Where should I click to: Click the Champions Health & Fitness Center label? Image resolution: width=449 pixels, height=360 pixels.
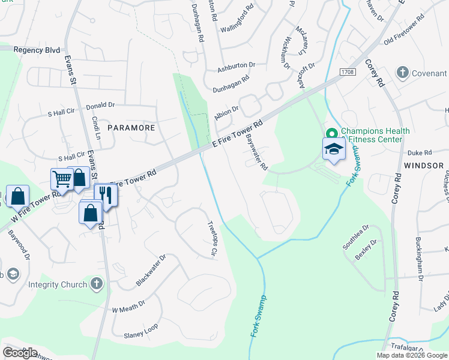pyautogui.click(x=375, y=135)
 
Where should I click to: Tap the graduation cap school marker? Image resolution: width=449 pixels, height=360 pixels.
pyautogui.click(x=334, y=149)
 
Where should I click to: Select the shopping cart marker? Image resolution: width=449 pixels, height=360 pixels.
pyautogui.click(x=62, y=178)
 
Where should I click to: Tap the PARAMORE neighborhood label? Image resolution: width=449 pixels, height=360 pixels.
pyautogui.click(x=131, y=128)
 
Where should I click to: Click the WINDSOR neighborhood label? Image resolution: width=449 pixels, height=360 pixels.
pyautogui.click(x=424, y=165)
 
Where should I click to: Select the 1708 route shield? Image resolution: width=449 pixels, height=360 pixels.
pyautogui.click(x=346, y=72)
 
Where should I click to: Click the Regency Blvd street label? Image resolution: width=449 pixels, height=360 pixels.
pyautogui.click(x=37, y=50)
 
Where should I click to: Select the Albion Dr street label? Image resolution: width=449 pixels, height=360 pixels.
pyautogui.click(x=227, y=113)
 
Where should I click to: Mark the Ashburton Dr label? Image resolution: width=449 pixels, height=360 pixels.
pyautogui.click(x=237, y=67)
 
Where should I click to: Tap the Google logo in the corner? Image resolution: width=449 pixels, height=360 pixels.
pyautogui.click(x=20, y=353)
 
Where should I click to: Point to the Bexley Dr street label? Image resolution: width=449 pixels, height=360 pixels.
pyautogui.click(x=366, y=250)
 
